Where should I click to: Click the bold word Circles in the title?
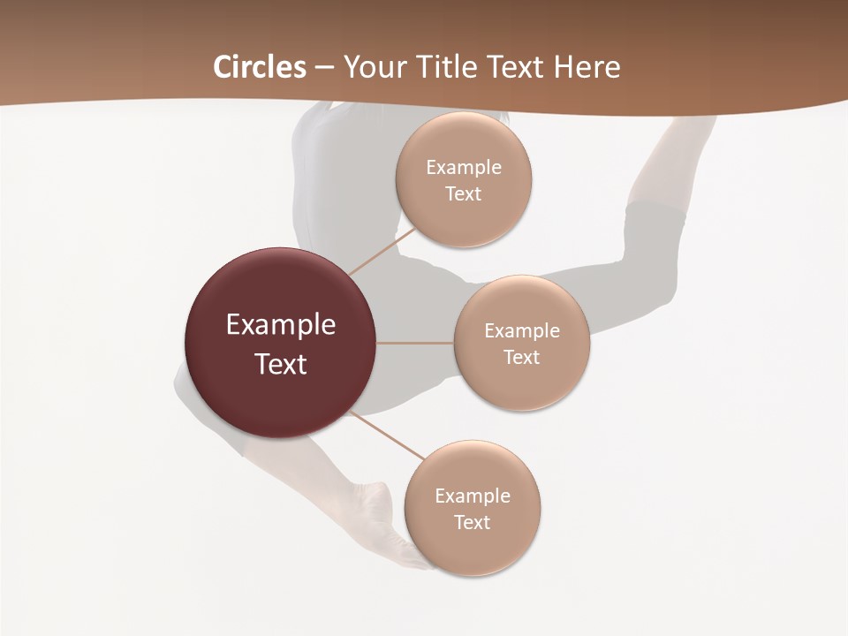(259, 67)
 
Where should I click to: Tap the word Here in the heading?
(587, 67)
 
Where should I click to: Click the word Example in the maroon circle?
(281, 325)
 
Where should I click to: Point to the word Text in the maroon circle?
(281, 364)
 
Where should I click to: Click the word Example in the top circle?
(463, 167)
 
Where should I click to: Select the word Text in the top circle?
(463, 193)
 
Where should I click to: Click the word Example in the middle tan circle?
(521, 330)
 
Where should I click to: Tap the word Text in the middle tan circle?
(521, 357)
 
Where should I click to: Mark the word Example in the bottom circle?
(472, 496)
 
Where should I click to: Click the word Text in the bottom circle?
(472, 522)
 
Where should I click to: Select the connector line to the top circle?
(382, 252)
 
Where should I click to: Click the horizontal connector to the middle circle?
(415, 343)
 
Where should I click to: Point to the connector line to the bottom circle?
(389, 436)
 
